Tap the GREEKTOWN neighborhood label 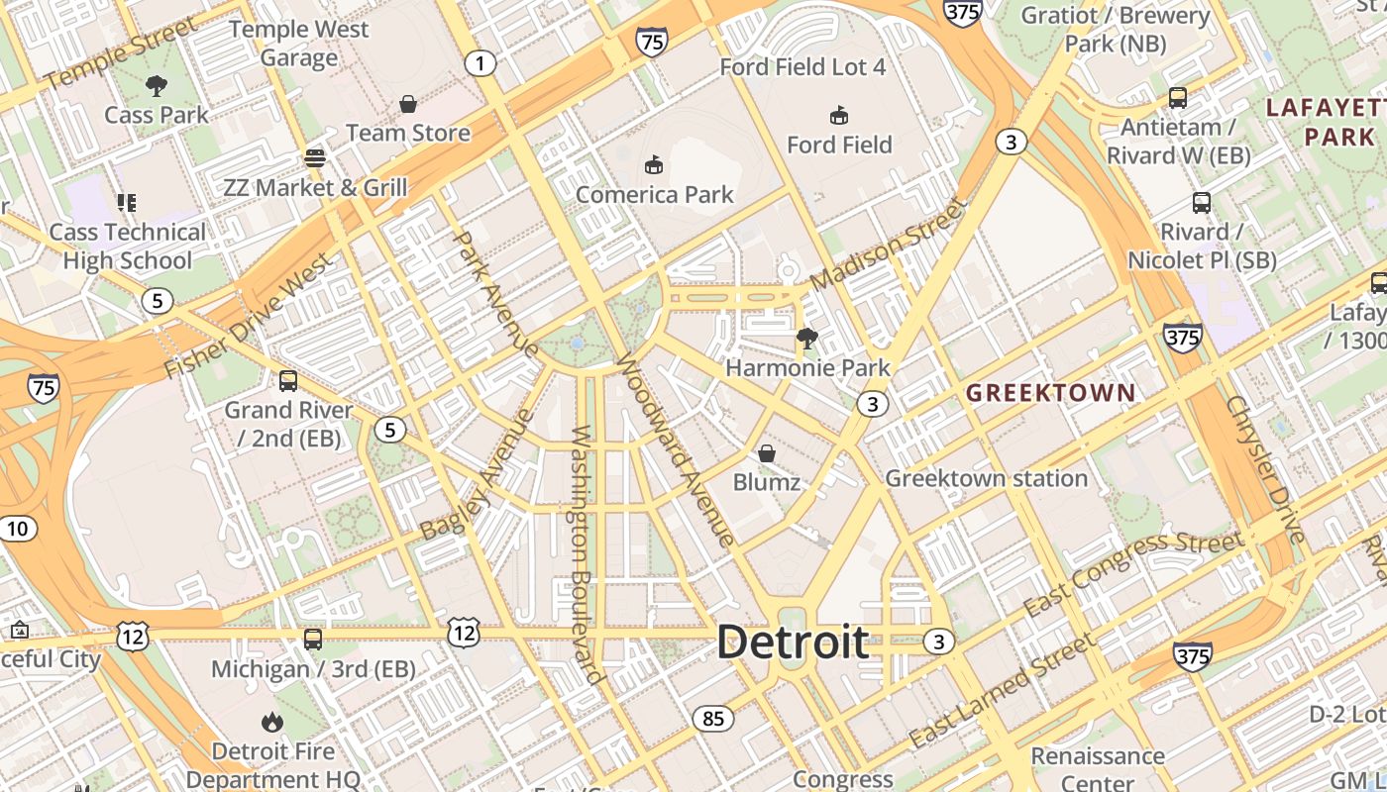(x=1050, y=393)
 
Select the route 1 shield (x=480, y=64)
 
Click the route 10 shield (x=17, y=529)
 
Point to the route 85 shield (x=713, y=719)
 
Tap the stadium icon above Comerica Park (x=653, y=164)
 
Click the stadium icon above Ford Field (x=839, y=115)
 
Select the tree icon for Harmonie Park (x=807, y=339)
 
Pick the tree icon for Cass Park (x=156, y=86)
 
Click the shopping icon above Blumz (x=766, y=453)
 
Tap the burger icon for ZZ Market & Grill (x=315, y=158)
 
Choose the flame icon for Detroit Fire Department (x=271, y=723)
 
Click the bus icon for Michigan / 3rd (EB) (x=313, y=640)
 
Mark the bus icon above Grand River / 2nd (x=288, y=380)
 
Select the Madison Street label (x=888, y=245)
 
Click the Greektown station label (x=986, y=479)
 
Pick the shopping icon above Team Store (x=407, y=103)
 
